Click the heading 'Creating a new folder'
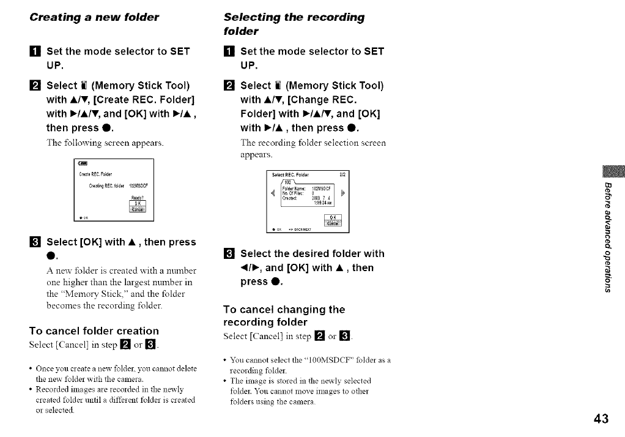click(94, 17)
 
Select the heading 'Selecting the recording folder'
click(294, 24)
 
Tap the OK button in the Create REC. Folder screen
click(138, 203)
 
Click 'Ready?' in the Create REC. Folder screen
click(138, 197)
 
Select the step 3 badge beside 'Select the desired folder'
click(229, 253)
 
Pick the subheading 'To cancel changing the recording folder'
click(284, 315)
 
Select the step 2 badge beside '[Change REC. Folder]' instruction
click(229, 86)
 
